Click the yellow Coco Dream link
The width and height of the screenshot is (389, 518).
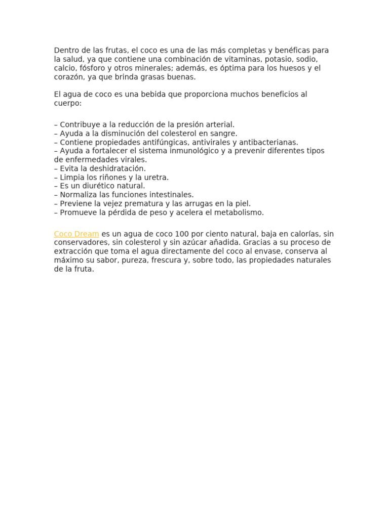76,234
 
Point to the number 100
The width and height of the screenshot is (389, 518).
181,234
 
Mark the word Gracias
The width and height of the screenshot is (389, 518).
263,243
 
